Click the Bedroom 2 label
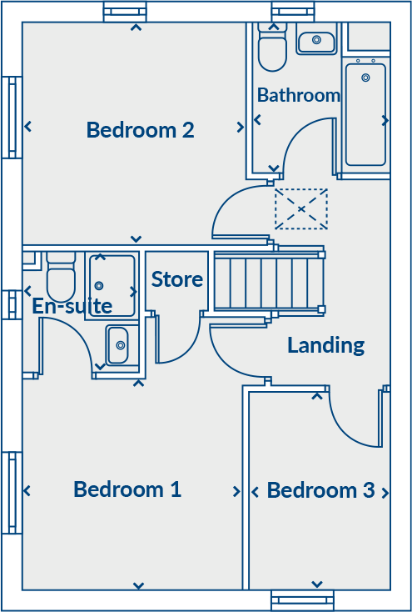(140, 130)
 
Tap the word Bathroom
(299, 95)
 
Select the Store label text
(177, 279)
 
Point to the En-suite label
(72, 306)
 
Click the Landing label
(325, 344)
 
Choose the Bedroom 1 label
(127, 489)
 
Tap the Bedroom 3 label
(320, 490)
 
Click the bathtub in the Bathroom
(365, 113)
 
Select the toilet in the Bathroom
(272, 50)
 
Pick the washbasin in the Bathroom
(315, 39)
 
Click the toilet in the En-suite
(61, 279)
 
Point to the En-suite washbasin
(117, 345)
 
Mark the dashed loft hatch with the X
(300, 209)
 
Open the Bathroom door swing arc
(306, 145)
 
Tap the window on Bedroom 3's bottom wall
(302, 599)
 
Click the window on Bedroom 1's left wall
(12, 492)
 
